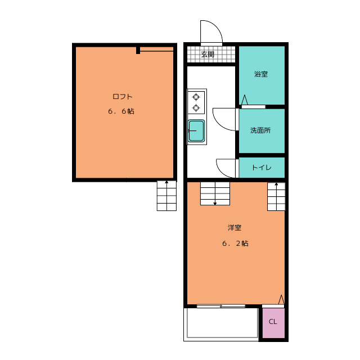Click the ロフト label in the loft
click(123, 96)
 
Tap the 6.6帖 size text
click(121, 111)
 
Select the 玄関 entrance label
click(208, 55)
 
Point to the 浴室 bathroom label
click(261, 74)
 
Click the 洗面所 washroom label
click(260, 130)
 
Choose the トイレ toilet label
click(262, 168)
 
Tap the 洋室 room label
click(235, 228)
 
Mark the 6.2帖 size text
click(235, 244)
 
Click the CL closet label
click(273, 322)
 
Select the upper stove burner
click(196, 97)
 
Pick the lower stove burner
click(196, 107)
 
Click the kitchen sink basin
click(196, 130)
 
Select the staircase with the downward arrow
click(215, 193)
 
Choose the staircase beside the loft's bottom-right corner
click(166, 196)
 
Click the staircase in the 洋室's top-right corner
click(276, 196)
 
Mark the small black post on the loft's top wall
click(138, 50)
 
